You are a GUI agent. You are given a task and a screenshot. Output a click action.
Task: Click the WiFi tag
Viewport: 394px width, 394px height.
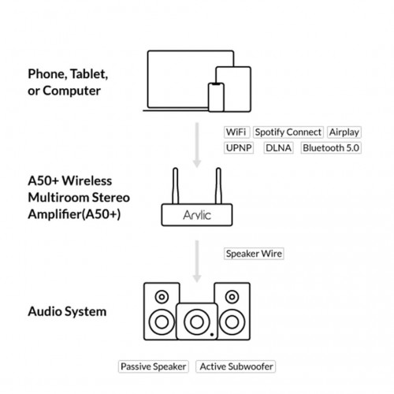click(236, 132)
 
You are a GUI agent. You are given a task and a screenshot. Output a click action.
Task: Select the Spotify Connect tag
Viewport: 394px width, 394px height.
click(288, 132)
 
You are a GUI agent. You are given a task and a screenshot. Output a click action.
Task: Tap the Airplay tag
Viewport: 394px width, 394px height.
click(344, 132)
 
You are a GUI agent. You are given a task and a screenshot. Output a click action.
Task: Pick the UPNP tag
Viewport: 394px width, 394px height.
click(239, 148)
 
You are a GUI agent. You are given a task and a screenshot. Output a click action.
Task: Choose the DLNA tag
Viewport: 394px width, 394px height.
click(278, 148)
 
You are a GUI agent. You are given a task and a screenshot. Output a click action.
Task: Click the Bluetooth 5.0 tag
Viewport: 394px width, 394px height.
click(331, 148)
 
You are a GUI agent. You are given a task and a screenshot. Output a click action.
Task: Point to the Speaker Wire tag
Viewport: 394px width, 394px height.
click(254, 254)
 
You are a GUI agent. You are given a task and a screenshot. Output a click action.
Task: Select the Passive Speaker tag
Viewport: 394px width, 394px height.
click(154, 366)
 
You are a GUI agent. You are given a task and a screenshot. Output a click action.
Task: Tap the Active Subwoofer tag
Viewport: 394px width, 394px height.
click(236, 366)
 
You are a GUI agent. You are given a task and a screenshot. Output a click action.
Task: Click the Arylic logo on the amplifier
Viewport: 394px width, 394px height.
click(197, 215)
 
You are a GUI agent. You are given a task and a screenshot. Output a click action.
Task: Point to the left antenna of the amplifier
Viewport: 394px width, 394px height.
click(176, 186)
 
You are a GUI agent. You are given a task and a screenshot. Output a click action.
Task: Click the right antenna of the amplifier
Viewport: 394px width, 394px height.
click(218, 186)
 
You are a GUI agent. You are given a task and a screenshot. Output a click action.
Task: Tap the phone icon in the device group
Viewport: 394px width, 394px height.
click(216, 97)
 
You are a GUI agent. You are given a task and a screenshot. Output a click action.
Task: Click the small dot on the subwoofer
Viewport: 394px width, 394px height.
click(212, 335)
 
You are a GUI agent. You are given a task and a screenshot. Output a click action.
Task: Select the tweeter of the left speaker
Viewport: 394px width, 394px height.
click(162, 297)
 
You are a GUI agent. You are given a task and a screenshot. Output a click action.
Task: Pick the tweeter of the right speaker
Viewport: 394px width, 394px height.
click(232, 297)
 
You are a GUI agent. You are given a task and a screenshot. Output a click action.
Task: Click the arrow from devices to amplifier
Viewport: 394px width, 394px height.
click(197, 145)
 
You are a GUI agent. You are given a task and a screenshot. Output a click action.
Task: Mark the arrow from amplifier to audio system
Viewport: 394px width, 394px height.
click(197, 262)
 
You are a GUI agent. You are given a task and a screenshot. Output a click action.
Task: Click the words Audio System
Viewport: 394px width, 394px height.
click(67, 312)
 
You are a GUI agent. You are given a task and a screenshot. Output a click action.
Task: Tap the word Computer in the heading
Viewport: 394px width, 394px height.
click(72, 91)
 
